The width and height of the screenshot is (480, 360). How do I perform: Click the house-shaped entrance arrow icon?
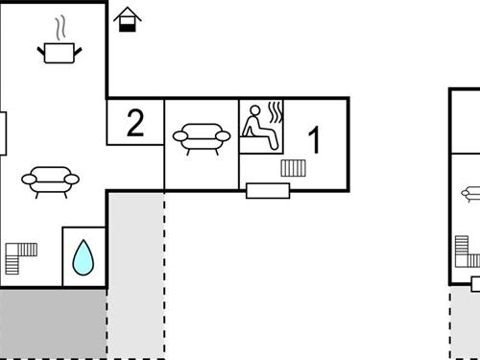(x=126, y=18)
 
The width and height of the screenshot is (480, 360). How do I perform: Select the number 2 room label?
(x=135, y=123)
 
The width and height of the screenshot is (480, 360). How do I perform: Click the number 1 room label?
(x=314, y=139)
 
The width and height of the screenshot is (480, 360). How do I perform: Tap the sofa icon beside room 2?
(x=202, y=138)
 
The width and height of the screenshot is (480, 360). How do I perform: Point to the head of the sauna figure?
(x=253, y=111)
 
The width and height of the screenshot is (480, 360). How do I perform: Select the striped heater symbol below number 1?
(x=293, y=168)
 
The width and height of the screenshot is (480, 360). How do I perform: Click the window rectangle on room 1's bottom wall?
(x=268, y=190)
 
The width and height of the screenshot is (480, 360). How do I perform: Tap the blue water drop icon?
(x=84, y=257)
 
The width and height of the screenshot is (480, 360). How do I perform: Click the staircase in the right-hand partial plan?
(x=468, y=254)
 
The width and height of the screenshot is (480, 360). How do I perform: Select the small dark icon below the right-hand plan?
(x=475, y=281)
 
